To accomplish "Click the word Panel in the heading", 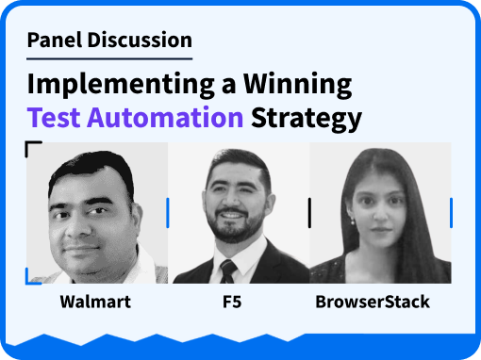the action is coord(55,40).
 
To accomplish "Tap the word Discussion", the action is coord(140,40).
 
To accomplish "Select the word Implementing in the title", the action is coord(121,84).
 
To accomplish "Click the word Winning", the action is coord(297,84).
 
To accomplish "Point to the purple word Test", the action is coord(54,118).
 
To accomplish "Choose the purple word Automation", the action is coord(165,118).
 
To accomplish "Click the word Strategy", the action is coord(307,119).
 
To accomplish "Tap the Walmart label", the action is coord(95,302).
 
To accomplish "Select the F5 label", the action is coord(232,302).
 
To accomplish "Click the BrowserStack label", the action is coord(373,302).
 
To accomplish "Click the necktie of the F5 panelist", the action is coord(228,271).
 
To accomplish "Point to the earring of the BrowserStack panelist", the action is coord(353,221).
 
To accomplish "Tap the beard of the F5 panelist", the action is coord(234,227).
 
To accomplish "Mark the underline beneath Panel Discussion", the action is coord(109,58).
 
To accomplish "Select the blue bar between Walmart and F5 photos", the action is coord(168,213).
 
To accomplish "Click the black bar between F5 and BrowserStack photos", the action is coord(309,213).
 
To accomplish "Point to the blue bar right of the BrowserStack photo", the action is coord(452,213).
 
